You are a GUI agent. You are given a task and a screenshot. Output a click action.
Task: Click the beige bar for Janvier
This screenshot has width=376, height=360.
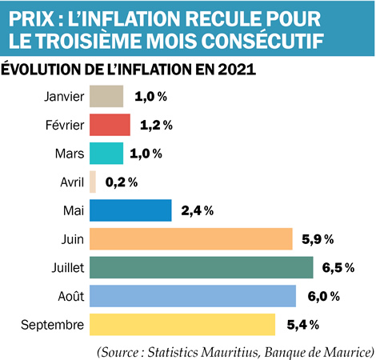point(106,97)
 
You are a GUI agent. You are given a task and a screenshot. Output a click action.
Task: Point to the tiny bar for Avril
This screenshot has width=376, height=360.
point(93,182)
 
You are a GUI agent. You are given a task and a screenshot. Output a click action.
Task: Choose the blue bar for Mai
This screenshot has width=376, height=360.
point(130,210)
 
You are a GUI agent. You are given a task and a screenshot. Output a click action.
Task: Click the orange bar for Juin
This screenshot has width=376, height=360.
point(190,238)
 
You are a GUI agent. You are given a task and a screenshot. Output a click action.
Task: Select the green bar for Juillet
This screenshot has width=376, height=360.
point(201,267)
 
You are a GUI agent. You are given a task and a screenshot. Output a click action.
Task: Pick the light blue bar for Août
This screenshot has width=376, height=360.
point(192,296)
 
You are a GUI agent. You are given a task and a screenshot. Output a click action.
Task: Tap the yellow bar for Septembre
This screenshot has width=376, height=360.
point(182,324)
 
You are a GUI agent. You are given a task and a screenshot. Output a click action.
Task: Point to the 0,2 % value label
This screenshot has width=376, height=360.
point(122,182)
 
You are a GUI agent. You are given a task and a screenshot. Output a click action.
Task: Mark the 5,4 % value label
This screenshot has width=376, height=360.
point(302,325)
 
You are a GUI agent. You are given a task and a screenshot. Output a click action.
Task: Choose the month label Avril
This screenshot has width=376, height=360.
point(70,182)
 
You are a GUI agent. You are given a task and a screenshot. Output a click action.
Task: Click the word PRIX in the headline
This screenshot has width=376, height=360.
point(30,16)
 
